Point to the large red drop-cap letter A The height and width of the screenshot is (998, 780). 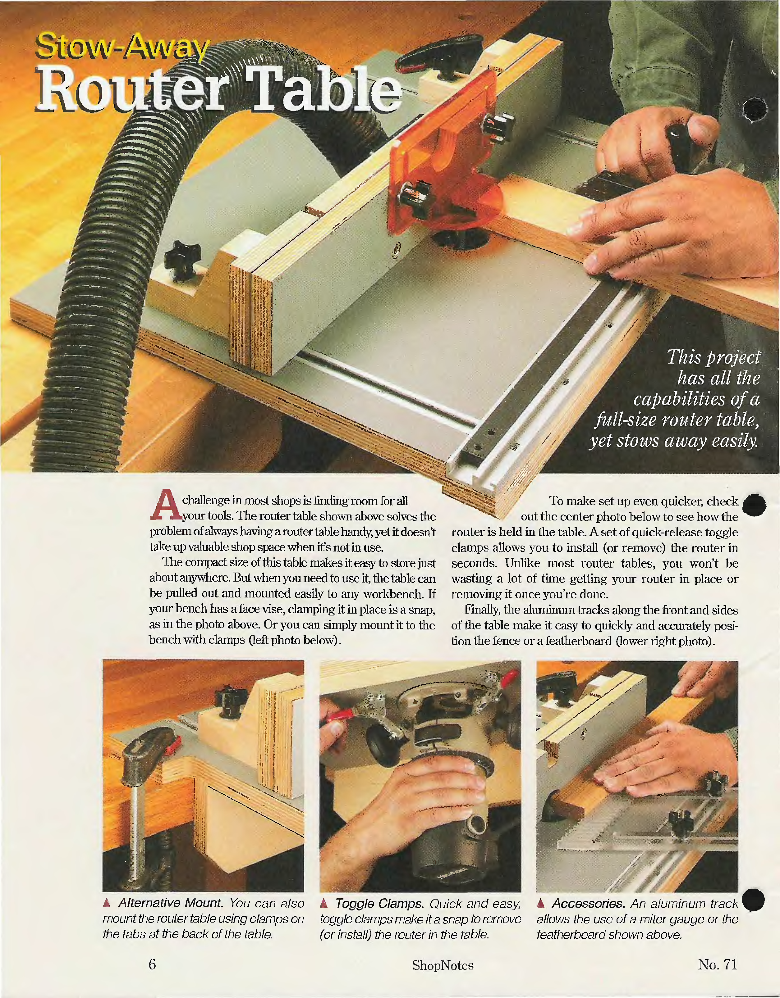pyautogui.click(x=166, y=505)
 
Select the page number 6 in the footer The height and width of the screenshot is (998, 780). pyautogui.click(x=152, y=964)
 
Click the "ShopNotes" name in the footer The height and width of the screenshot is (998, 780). pyautogui.click(x=443, y=965)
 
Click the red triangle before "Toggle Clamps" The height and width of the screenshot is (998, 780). pyautogui.click(x=324, y=903)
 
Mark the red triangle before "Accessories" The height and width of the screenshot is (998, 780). pyautogui.click(x=541, y=903)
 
